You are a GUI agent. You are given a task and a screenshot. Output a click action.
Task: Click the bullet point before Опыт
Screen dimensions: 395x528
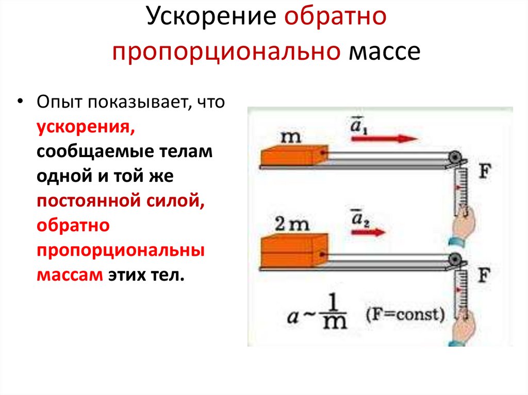point(20,100)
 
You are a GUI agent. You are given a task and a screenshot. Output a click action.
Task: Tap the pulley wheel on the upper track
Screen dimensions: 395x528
point(455,157)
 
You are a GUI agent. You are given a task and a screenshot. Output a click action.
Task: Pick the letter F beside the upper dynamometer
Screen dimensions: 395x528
point(484,172)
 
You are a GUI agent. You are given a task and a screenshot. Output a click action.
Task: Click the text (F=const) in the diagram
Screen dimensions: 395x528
point(405,314)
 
